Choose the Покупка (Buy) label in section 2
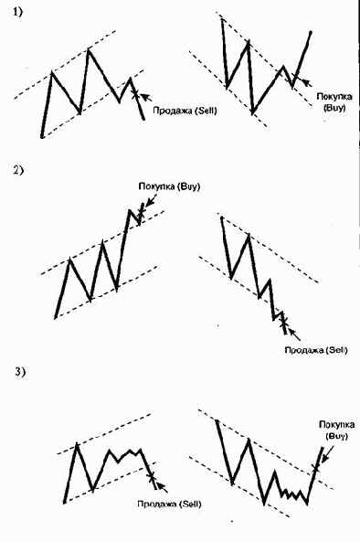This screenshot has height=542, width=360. pos(169,187)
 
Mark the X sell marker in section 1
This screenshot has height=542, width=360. pos(135,92)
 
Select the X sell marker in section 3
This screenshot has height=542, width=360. pos(152,475)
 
